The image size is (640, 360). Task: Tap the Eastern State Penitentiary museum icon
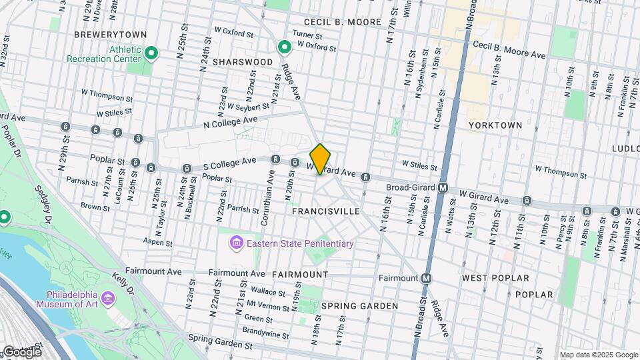point(236,243)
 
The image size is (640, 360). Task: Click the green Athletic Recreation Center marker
point(152,53)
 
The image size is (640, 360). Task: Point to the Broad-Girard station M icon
point(443,188)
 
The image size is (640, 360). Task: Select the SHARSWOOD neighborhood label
point(243,62)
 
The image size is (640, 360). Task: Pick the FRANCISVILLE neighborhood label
point(326,211)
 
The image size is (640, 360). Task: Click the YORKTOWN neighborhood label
point(495,125)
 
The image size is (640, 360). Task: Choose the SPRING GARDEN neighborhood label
point(359,306)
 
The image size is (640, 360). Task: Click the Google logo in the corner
point(21,351)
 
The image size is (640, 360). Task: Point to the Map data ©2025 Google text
point(598,355)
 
